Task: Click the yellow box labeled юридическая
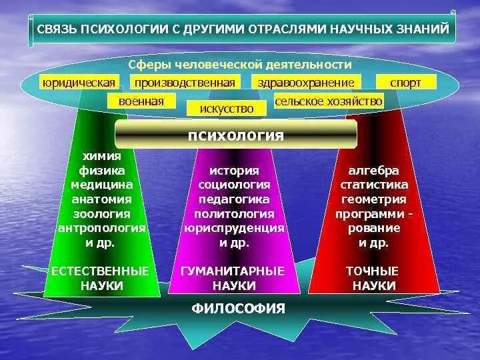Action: (79, 82)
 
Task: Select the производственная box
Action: (185, 82)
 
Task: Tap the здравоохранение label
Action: (306, 82)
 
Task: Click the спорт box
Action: (407, 82)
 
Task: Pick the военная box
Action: (141, 101)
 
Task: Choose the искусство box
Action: (221, 108)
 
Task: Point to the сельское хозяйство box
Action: (329, 101)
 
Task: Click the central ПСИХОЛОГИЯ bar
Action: (236, 135)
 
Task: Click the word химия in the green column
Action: (103, 155)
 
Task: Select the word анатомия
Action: (101, 199)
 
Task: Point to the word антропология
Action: (101, 228)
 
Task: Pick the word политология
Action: (234, 214)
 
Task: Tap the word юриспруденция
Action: (234, 228)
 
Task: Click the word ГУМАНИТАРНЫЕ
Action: (233, 271)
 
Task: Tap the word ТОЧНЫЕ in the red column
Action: (372, 271)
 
